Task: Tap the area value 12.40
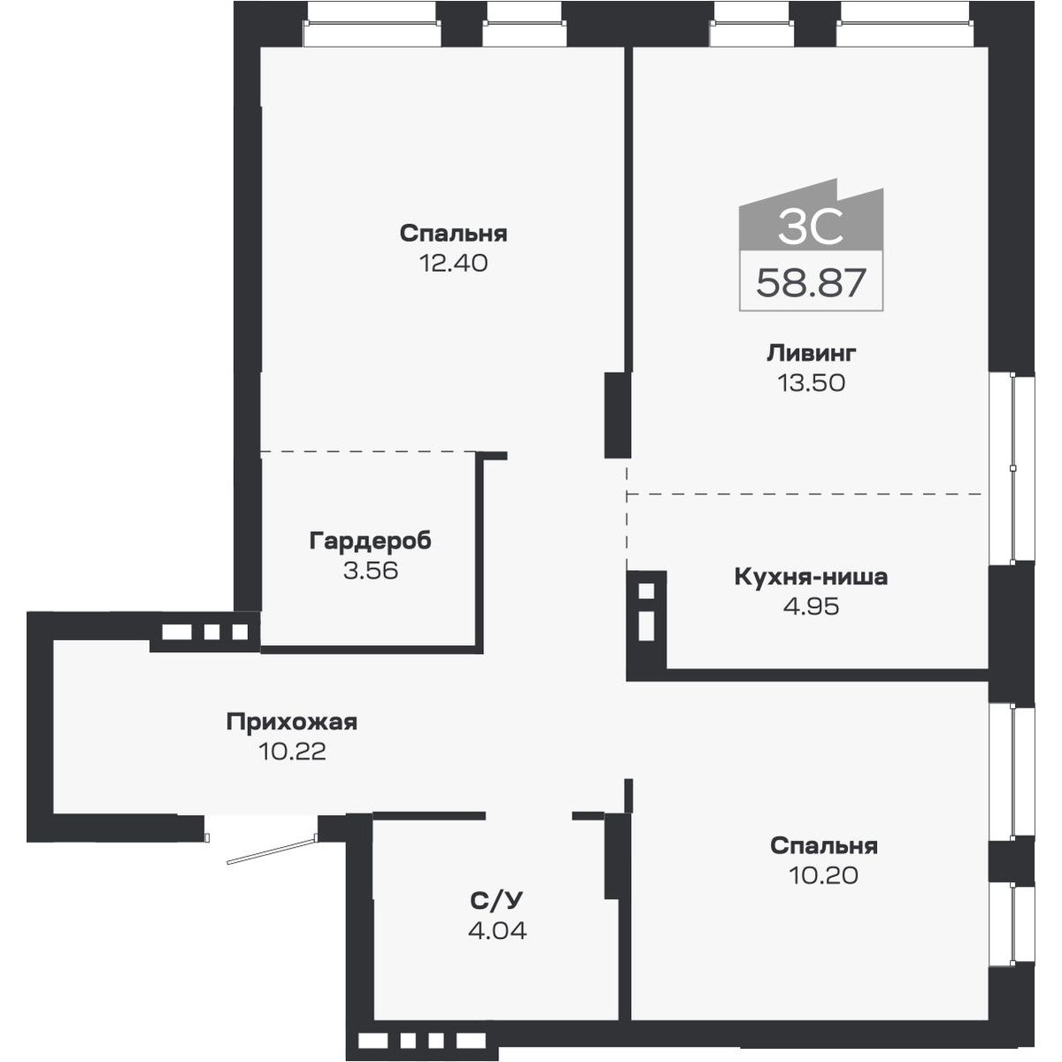453,263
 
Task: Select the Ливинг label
811,353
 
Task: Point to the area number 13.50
811,382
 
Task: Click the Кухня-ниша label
811,577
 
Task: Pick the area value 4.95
811,606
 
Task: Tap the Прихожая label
291,721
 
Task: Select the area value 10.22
292,751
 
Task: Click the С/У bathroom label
496,901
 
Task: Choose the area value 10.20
823,875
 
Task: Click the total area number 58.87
811,284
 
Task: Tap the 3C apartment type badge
811,228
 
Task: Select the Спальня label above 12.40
453,234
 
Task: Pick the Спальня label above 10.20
823,845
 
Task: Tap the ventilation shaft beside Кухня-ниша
646,612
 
